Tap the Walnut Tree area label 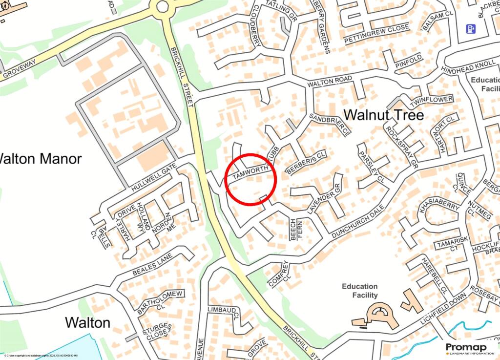click(x=383, y=115)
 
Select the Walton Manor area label click(x=40, y=159)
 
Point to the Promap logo click(x=469, y=349)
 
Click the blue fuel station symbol click(x=471, y=29)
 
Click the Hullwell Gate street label click(x=154, y=177)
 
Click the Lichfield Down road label click(x=446, y=310)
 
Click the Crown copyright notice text click(x=39, y=356)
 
